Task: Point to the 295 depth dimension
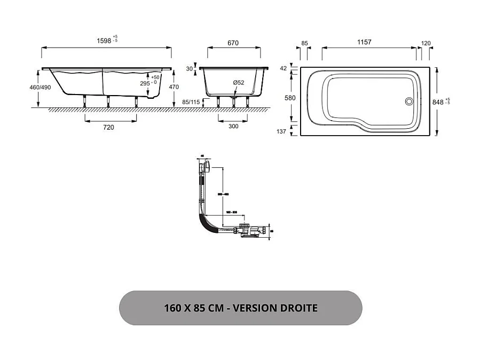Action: pos(145,83)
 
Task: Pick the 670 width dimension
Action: pos(232,43)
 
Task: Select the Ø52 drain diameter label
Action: pos(238,82)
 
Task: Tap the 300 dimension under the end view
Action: pos(233,127)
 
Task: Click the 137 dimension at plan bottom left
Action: pos(282,131)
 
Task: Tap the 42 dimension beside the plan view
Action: pos(284,68)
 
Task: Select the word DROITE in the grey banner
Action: pos(296,308)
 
